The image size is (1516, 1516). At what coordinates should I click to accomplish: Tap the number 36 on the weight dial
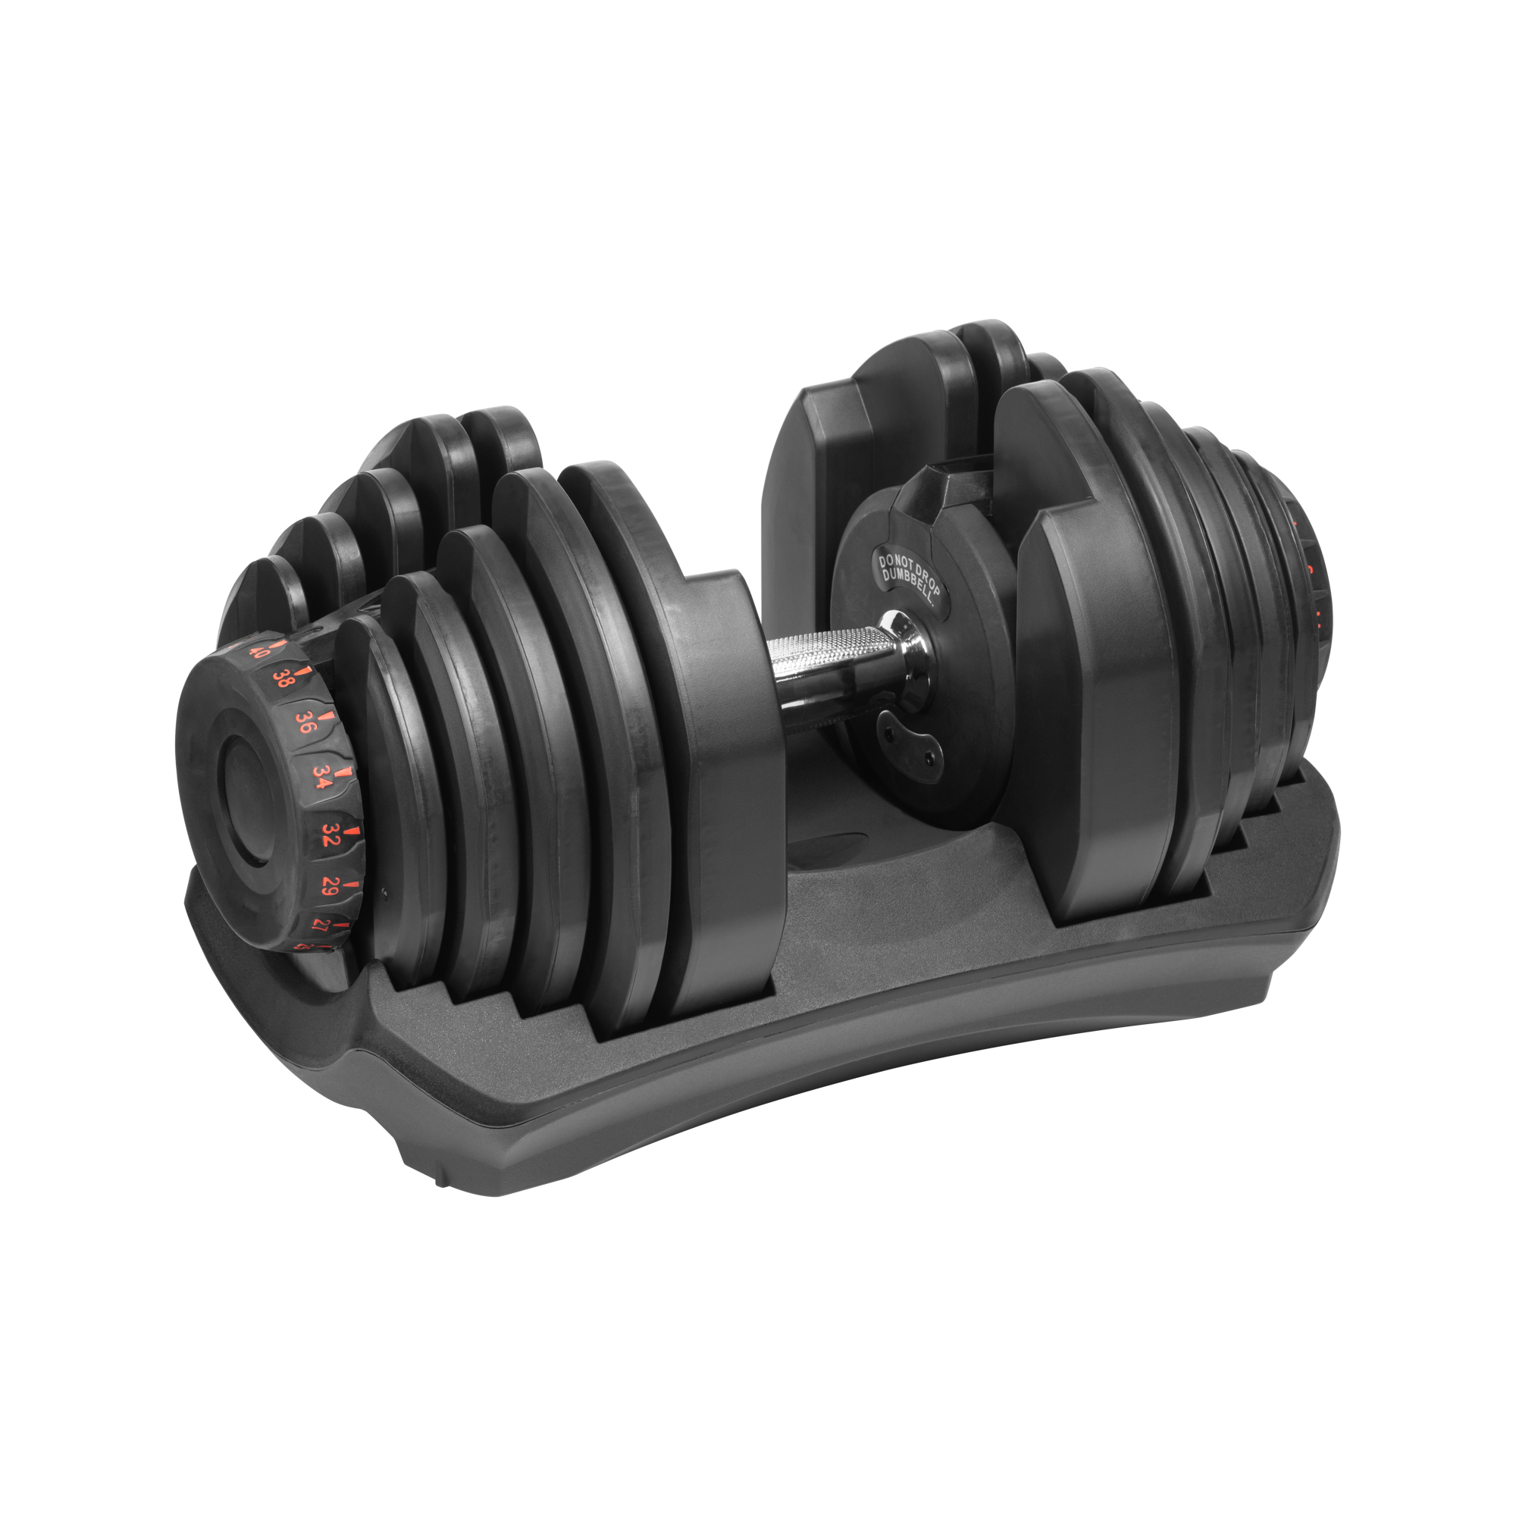pos(306,722)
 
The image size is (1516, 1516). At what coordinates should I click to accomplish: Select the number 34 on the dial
pos(321,777)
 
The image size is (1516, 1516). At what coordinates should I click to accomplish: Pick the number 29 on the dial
pos(330,888)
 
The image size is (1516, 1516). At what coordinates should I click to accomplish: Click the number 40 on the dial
pos(260,650)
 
